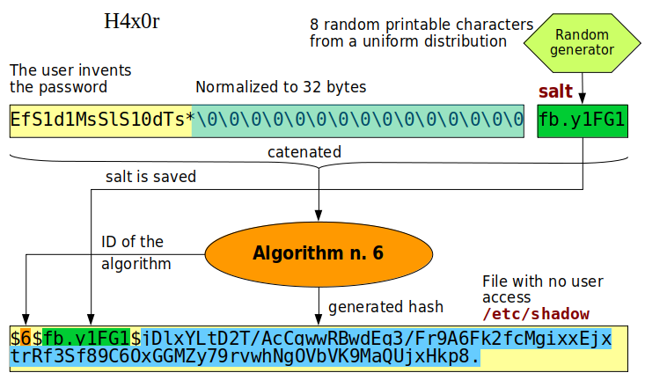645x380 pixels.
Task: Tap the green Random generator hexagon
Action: [581, 42]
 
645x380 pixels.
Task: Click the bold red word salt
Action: [555, 91]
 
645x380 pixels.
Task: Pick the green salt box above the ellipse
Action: [583, 121]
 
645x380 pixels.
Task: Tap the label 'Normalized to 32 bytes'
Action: [281, 87]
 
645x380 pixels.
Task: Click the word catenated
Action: [304, 152]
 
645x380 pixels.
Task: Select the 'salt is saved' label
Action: [150, 177]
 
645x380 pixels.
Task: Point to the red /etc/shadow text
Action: [535, 314]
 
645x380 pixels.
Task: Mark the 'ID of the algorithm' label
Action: [132, 252]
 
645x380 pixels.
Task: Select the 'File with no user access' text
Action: [542, 289]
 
